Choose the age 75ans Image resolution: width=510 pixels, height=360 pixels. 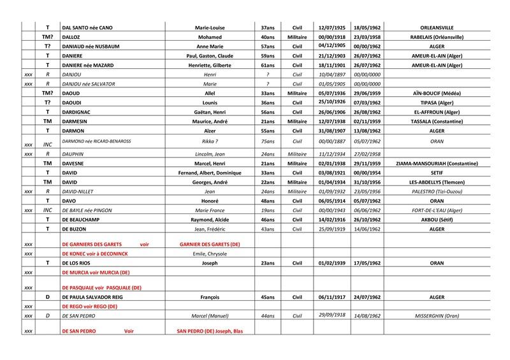(x=268, y=142)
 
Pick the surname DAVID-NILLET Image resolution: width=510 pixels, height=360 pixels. (x=80, y=191)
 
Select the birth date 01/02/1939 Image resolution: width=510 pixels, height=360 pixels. (x=330, y=263)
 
